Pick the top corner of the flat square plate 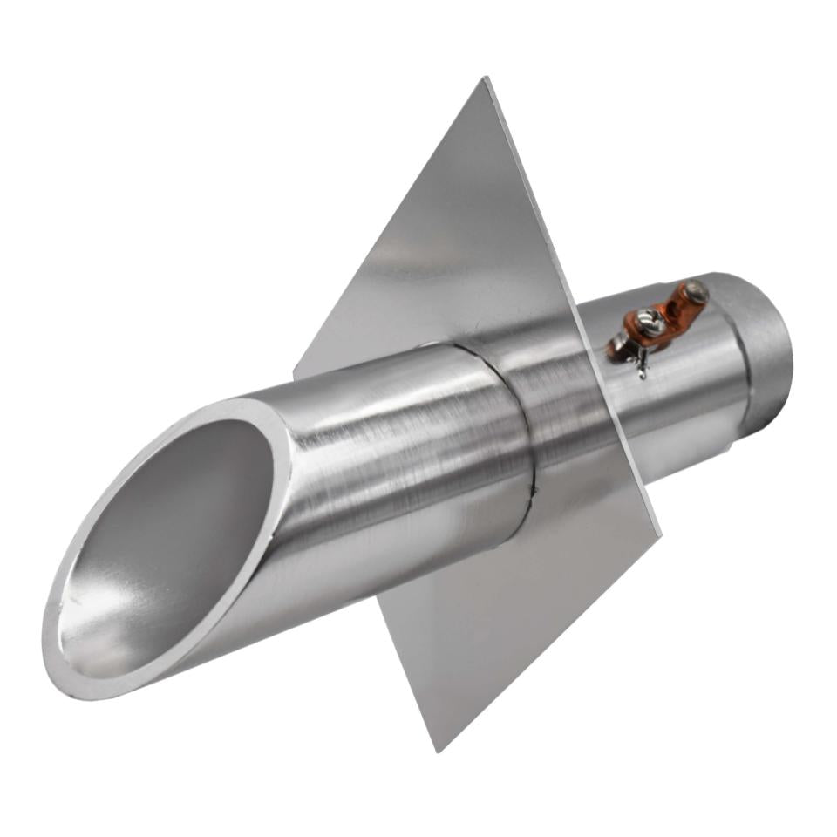coord(485,80)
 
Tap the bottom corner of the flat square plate coord(439,748)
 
